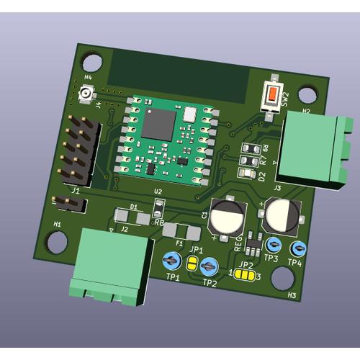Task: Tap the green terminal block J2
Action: [x=110, y=265]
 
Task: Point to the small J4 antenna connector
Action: [x=86, y=94]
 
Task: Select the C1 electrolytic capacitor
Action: [x=229, y=215]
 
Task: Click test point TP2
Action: [x=209, y=266]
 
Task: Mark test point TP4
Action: [x=297, y=249]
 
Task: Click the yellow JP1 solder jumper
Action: [x=192, y=264]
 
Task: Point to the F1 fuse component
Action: [x=182, y=232]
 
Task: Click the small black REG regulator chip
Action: [x=252, y=246]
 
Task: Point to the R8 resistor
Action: [x=158, y=215]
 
